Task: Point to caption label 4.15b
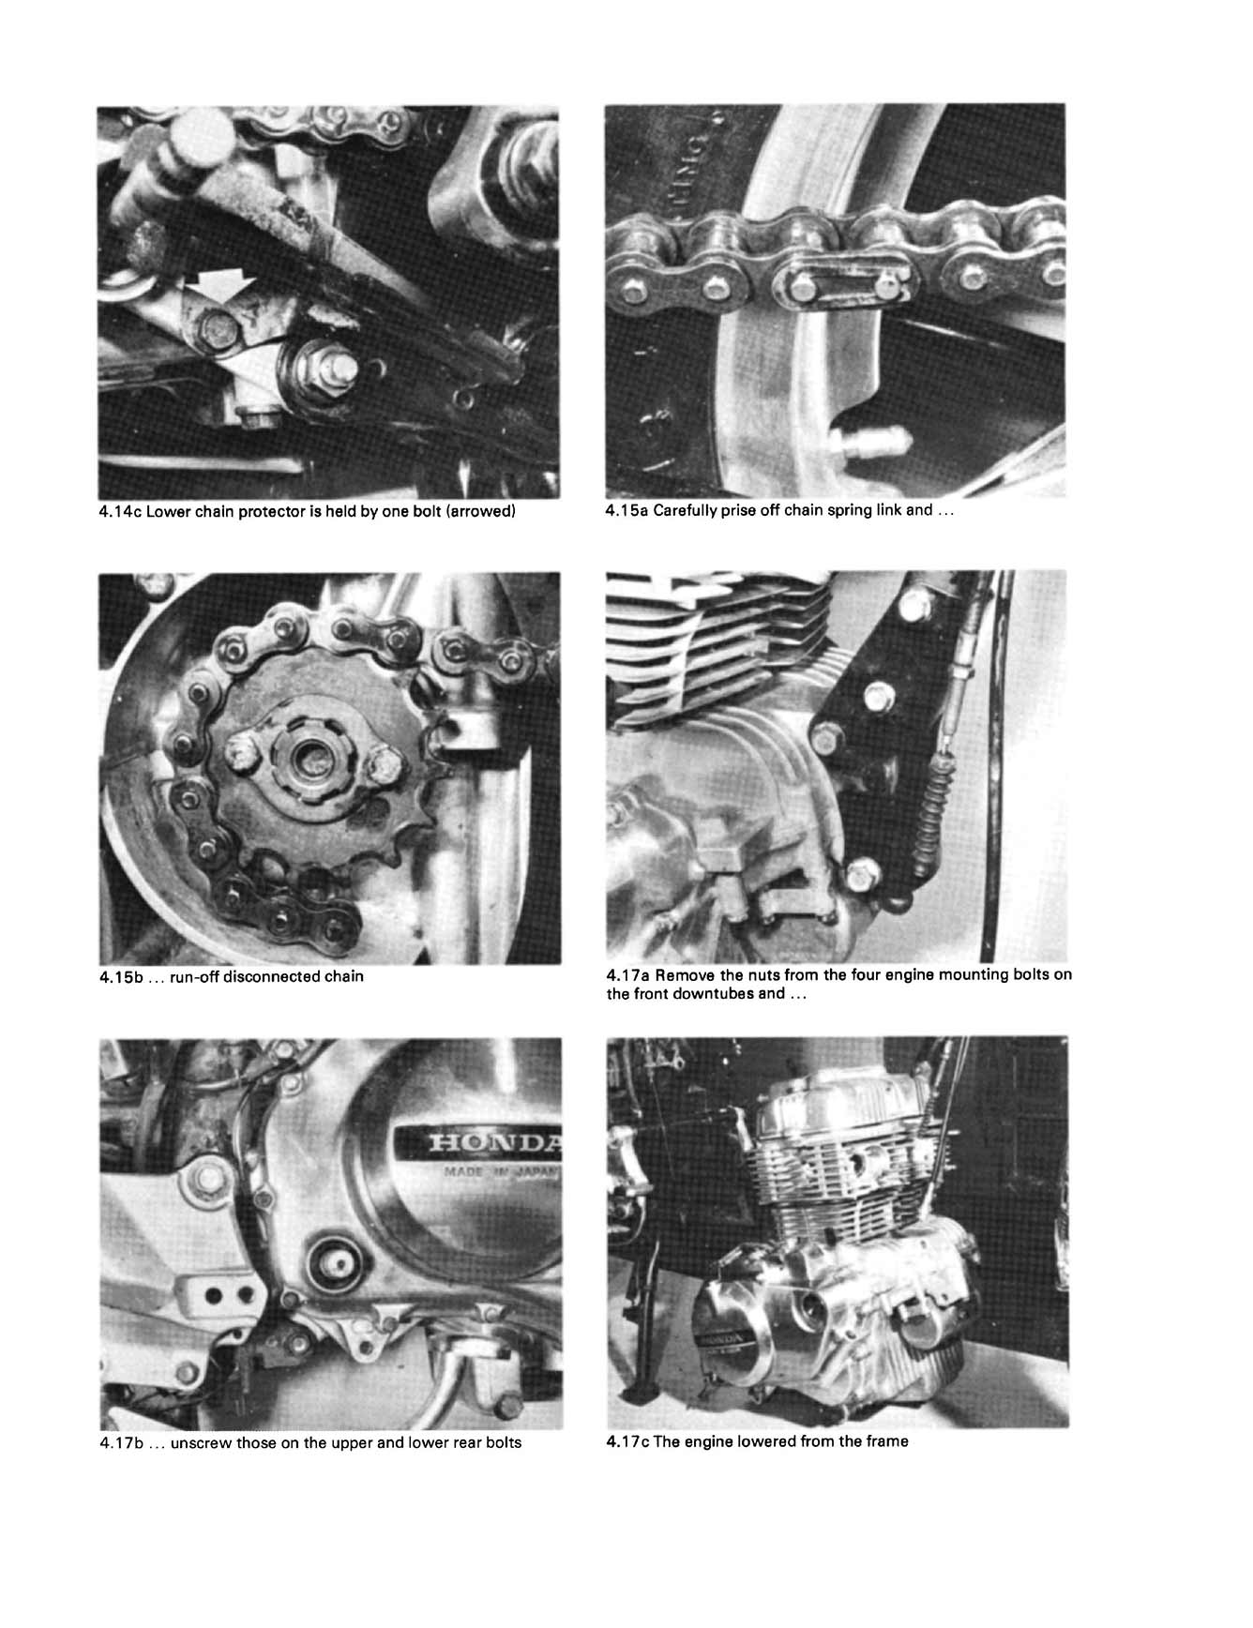[120, 976]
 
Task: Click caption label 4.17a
[627, 974]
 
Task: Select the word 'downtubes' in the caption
[712, 993]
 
